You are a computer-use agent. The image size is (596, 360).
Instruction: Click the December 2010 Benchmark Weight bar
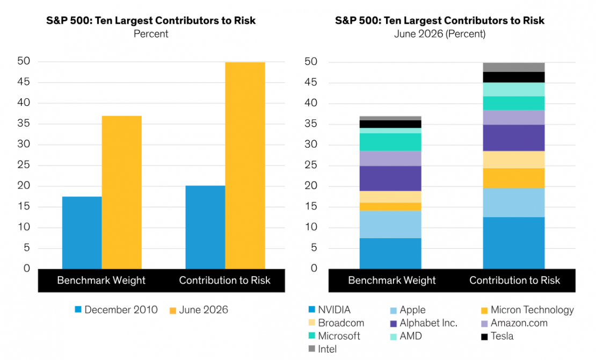click(82, 233)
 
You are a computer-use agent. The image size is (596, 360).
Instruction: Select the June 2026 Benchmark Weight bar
click(122, 192)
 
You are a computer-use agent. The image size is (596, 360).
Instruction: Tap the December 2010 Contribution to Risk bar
click(205, 227)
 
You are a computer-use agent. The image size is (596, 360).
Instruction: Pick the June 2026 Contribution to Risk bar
click(245, 165)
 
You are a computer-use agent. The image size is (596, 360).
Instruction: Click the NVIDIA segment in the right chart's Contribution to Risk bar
click(513, 243)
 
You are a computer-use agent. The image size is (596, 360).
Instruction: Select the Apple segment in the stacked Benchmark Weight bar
click(390, 225)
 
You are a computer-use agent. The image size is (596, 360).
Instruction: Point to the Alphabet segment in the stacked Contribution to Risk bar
click(513, 138)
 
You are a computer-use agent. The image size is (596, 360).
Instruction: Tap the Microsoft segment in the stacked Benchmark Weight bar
click(390, 142)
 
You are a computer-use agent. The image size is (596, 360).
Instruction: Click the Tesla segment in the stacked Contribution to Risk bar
click(513, 77)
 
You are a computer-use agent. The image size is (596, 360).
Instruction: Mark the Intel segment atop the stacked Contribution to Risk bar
click(513, 67)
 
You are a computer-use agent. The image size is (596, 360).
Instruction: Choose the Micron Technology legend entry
click(527, 310)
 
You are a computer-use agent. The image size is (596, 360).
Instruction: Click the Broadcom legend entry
click(336, 323)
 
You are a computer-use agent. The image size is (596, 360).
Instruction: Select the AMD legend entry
click(406, 336)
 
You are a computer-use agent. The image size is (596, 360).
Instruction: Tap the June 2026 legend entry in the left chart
click(199, 310)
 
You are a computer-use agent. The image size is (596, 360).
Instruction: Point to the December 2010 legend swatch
click(78, 310)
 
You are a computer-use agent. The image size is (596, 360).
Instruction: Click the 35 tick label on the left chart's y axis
click(24, 124)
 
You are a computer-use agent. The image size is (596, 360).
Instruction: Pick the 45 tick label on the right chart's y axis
click(310, 83)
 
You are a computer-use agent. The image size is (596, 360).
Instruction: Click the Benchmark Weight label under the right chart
click(392, 280)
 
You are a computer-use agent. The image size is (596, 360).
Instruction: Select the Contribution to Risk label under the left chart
click(224, 280)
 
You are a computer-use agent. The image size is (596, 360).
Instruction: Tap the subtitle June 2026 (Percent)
click(440, 34)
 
